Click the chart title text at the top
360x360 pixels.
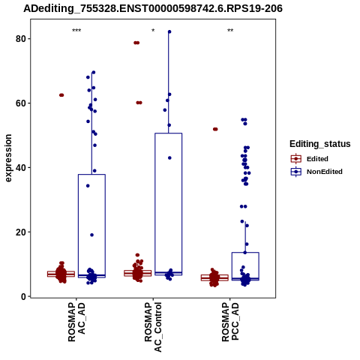click(x=153, y=8)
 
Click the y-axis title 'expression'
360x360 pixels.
click(x=8, y=158)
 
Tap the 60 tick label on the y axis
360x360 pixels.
click(x=21, y=103)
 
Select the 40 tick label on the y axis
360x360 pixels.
click(x=21, y=167)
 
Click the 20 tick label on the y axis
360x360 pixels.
click(x=21, y=232)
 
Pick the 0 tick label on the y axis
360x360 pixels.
click(x=24, y=296)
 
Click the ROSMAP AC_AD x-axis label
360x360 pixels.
click(x=76, y=322)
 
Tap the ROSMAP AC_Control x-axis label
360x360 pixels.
click(x=153, y=327)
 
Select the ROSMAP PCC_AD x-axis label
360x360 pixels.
click(x=230, y=322)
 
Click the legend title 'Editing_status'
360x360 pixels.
click(x=320, y=144)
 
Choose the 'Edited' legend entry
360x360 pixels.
click(x=310, y=159)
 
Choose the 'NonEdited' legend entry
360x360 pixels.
click(x=316, y=172)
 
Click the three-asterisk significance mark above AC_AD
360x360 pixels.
click(x=76, y=31)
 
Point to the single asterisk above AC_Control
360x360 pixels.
click(x=153, y=31)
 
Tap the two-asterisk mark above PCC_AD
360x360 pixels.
click(x=230, y=31)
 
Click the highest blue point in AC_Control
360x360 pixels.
click(x=169, y=31)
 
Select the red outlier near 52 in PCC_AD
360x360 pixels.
click(x=215, y=129)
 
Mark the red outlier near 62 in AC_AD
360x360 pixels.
click(x=61, y=95)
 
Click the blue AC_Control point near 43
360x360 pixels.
click(x=169, y=157)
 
